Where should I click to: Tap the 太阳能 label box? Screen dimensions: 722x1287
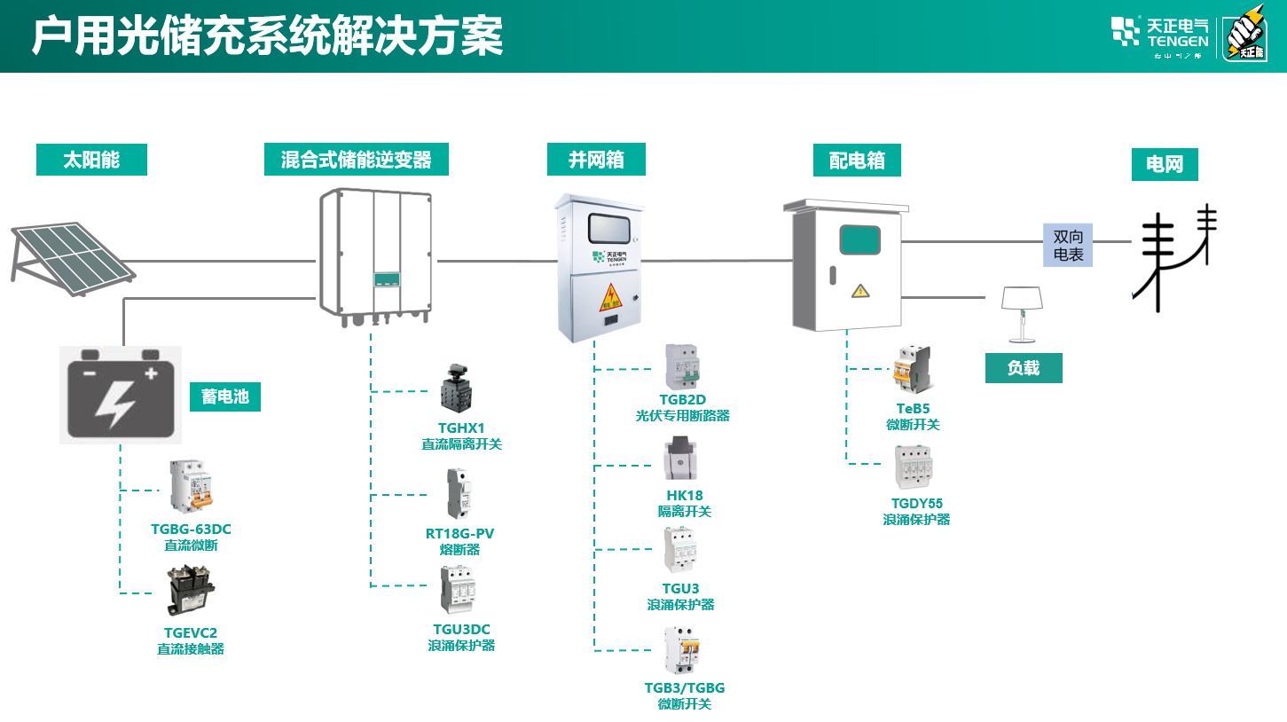tap(91, 160)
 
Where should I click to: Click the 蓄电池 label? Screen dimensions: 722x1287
tap(225, 396)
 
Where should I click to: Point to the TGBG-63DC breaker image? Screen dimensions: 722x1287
tap(192, 487)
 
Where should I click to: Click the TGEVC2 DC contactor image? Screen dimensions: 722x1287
tap(191, 591)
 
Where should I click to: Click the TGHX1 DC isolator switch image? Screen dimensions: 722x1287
tap(459, 389)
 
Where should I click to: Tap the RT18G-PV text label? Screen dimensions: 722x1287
tap(459, 534)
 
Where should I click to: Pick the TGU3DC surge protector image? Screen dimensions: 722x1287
tap(460, 589)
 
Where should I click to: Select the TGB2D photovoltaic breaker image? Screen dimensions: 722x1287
tap(682, 367)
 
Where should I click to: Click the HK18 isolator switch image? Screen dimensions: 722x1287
tap(681, 459)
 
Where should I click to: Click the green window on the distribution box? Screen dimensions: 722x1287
tap(859, 240)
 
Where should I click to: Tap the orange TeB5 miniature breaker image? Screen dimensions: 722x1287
tap(913, 370)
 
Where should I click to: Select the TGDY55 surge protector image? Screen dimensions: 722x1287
tap(915, 467)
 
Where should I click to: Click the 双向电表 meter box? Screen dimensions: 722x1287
tap(1068, 245)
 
